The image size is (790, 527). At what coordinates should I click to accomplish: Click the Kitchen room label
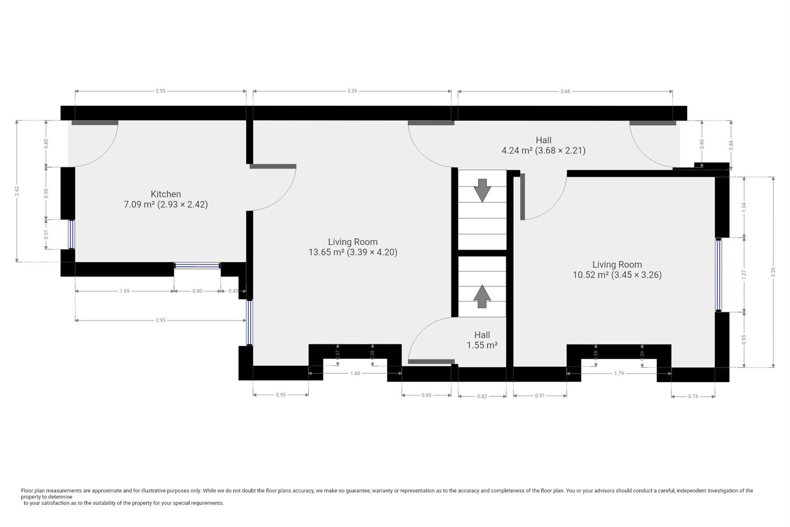166,194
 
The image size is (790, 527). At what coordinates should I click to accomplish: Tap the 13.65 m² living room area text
353,252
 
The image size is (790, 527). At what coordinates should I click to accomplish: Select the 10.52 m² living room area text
617,275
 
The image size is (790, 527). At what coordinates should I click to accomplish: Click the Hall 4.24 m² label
543,145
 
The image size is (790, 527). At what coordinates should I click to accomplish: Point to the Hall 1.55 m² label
482,340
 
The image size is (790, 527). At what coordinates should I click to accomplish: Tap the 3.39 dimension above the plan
352,91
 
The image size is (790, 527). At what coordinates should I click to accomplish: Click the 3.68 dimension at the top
565,91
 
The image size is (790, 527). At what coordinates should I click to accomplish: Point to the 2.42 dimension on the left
17,191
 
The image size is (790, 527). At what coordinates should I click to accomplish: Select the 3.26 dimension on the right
773,272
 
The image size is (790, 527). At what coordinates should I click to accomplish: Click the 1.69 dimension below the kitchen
124,291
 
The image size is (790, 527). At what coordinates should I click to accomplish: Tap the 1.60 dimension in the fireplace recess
355,373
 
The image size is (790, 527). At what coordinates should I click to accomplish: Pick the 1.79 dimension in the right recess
619,373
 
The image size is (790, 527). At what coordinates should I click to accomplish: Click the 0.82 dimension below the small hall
482,397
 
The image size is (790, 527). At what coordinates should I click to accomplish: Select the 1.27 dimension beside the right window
744,275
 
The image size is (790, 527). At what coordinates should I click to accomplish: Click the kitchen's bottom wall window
197,265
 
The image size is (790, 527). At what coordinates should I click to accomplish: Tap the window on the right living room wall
718,275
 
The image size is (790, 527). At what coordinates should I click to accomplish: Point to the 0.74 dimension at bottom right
693,397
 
